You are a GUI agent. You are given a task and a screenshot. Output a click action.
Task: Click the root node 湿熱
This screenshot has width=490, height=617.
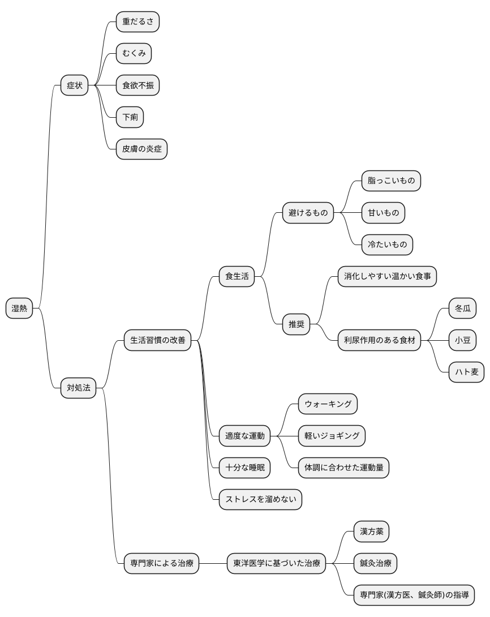pyautogui.click(x=19, y=308)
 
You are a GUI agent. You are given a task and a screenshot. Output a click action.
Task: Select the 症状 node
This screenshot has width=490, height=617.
pyautogui.click(x=74, y=85)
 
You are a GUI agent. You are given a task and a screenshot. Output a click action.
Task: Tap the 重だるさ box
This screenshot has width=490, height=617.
pyautogui.click(x=137, y=22)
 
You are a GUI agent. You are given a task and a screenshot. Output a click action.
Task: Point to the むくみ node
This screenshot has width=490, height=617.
pyautogui.click(x=134, y=54)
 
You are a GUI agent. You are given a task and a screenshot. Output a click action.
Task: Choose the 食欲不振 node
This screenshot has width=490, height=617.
pyautogui.click(x=137, y=85)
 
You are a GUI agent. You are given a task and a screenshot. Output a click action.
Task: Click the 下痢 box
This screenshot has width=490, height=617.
pyautogui.click(x=130, y=117)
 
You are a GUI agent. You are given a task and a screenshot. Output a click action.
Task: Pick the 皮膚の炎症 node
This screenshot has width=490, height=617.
pyautogui.click(x=141, y=149)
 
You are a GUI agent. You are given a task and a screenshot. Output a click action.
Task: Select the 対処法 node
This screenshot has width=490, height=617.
pyautogui.click(x=78, y=388)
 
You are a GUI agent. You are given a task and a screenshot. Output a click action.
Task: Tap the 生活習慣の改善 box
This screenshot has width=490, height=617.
pyautogui.click(x=158, y=340)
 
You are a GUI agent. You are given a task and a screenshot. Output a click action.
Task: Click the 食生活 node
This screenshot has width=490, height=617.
pyautogui.click(x=237, y=277)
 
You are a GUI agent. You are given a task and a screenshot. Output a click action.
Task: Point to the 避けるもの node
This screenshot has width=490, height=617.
pyautogui.click(x=308, y=213)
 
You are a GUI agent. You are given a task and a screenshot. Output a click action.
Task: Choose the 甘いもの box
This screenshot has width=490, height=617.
pyautogui.click(x=383, y=213)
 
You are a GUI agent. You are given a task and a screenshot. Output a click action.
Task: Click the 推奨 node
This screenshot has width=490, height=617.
pyautogui.click(x=296, y=324)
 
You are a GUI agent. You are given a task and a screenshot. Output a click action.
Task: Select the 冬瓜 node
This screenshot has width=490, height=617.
pyautogui.click(x=462, y=308)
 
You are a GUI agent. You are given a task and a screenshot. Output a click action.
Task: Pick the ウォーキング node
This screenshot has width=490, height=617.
pyautogui.click(x=328, y=404)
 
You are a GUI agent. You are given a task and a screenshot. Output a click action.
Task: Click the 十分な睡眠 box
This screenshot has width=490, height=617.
pyautogui.click(x=244, y=468)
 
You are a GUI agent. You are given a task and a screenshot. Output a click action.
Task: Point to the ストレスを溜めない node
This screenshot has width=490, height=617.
pyautogui.click(x=260, y=500)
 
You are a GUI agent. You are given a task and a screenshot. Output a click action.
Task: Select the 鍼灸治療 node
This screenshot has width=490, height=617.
pyautogui.click(x=376, y=563)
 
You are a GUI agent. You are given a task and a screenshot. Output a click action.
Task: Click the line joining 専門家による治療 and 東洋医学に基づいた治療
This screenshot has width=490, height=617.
pyautogui.click(x=213, y=563)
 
